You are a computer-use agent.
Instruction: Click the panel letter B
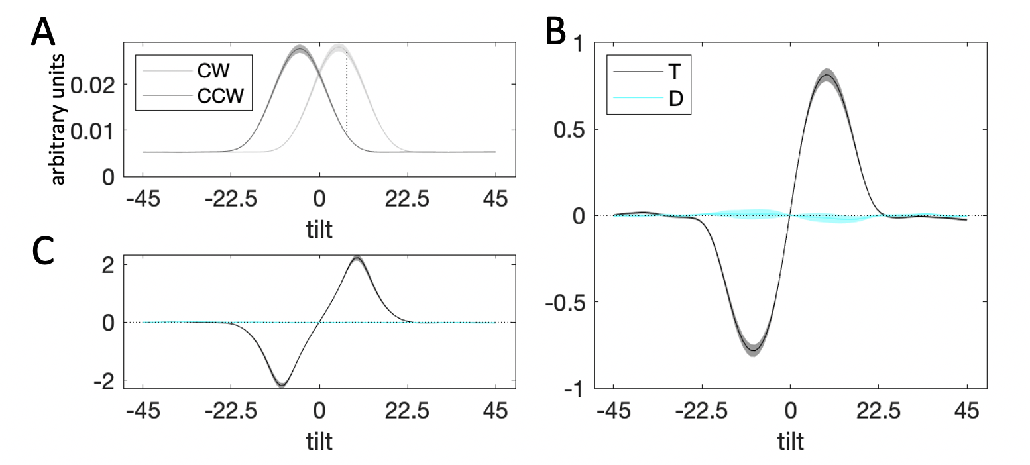pos(555,31)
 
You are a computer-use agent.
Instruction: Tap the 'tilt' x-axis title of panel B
pos(789,442)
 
